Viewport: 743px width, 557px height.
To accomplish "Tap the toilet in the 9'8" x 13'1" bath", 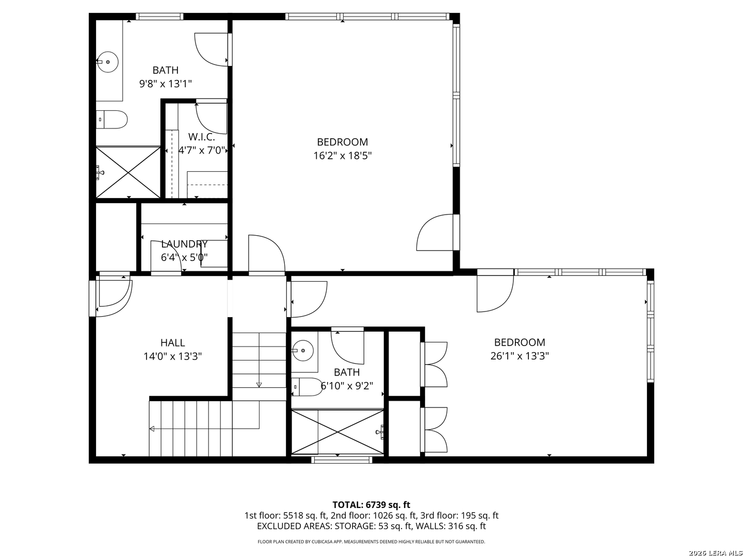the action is (111, 119).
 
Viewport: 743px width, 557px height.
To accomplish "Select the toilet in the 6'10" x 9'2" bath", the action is (306, 387).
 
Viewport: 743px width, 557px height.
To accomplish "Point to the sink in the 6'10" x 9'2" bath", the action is (303, 351).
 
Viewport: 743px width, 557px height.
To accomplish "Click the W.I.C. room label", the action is (201, 137).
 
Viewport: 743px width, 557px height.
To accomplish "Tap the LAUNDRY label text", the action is (184, 244).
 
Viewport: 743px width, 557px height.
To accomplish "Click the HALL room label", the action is (173, 342).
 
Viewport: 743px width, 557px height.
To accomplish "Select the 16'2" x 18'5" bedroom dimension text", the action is (343, 156).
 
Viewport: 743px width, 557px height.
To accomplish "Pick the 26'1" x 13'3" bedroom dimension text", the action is (520, 356).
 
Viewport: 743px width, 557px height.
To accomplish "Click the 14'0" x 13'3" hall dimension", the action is (173, 356).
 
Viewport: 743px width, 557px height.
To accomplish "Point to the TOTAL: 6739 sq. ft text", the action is (372, 505).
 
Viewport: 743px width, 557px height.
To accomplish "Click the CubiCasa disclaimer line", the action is (372, 542).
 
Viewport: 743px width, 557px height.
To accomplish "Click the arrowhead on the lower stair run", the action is (152, 429).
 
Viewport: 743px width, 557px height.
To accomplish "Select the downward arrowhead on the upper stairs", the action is (259, 385).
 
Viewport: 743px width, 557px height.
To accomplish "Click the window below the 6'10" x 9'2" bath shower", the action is (342, 460).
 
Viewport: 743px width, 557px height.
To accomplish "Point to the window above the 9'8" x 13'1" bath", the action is (159, 16).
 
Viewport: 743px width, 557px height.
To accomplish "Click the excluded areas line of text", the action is (372, 526).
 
